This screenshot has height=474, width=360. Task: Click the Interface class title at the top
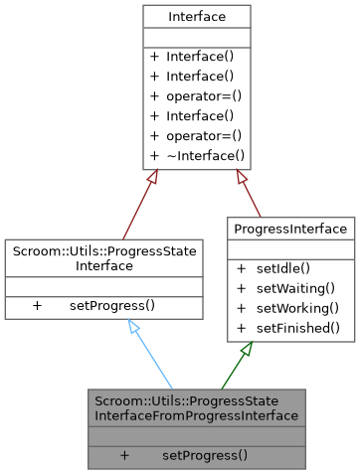196,16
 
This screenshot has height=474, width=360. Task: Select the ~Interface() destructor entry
205,155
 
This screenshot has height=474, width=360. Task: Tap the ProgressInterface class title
291,230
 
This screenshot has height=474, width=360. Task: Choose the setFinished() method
299,328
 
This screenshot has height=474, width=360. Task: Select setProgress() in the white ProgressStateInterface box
112,305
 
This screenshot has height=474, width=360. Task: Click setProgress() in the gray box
205,455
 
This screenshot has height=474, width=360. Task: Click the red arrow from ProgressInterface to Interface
249,194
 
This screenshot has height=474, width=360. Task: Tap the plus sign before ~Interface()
154,155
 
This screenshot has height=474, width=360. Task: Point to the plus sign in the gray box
125,455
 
